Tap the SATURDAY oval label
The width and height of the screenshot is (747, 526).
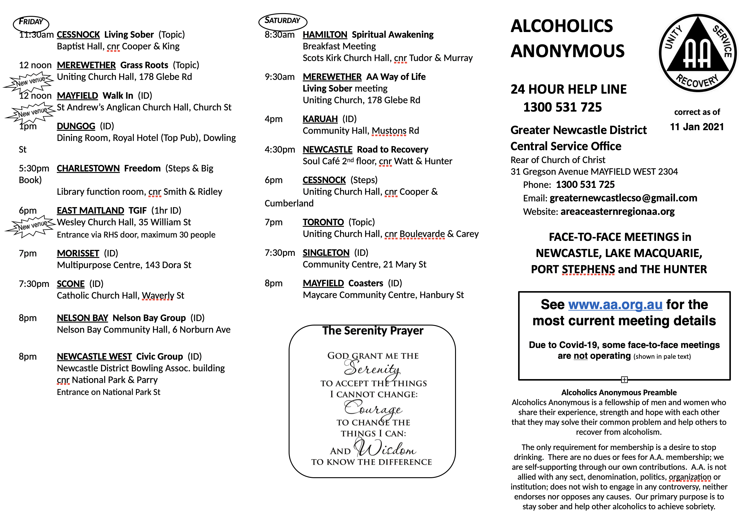pos(282,21)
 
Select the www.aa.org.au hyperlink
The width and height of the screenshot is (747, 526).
pos(615,305)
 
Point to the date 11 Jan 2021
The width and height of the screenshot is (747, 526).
pos(697,127)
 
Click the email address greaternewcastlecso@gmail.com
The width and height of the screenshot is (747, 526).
pos(623,198)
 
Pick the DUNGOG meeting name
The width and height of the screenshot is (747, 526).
pos(76,126)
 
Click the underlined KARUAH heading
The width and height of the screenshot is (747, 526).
pos(320,119)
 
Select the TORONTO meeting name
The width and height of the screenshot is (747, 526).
pos(323,222)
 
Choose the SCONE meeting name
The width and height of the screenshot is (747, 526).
pos(71,284)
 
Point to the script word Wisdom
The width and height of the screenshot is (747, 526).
pos(385,448)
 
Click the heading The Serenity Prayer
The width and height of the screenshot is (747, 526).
pos(373,331)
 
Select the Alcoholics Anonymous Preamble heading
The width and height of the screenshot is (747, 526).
pos(619,393)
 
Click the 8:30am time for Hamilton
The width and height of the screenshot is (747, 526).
pos(279,34)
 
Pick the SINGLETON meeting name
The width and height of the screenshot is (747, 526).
pos(326,253)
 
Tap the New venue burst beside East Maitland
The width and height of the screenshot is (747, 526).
pos(31,226)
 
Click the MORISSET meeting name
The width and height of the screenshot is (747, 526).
pos(78,253)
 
